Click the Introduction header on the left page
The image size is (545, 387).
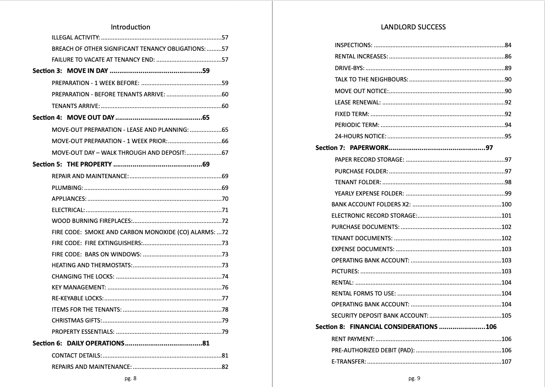pyautogui.click(x=130, y=27)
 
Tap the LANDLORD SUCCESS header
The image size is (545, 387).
pyautogui.click(x=413, y=27)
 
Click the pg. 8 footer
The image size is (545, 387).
pyautogui.click(x=130, y=378)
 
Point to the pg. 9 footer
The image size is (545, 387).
pyautogui.click(x=414, y=378)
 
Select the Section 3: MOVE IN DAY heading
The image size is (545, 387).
pyautogui.click(x=70, y=71)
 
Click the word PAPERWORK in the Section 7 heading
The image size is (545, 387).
pyautogui.click(x=369, y=148)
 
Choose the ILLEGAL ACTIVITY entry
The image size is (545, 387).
pyautogui.click(x=75, y=37)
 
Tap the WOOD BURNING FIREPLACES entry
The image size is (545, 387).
pyautogui.click(x=92, y=221)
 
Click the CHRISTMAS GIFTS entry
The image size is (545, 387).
pyautogui.click(x=77, y=320)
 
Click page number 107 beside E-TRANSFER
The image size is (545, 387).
pyautogui.click(x=506, y=362)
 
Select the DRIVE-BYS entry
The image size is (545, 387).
pyautogui.click(x=349, y=68)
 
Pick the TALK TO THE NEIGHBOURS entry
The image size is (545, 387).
pyautogui.click(x=371, y=79)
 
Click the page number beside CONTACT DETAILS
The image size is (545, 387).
pyautogui.click(x=225, y=356)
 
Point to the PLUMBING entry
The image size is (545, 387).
pyautogui.click(x=67, y=188)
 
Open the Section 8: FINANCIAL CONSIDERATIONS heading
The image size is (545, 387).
pyautogui.click(x=393, y=327)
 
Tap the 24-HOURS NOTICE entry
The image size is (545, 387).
pyautogui.click(x=360, y=136)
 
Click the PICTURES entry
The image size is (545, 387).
pyautogui.click(x=345, y=271)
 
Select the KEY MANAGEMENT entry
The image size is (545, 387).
pyautogui.click(x=79, y=287)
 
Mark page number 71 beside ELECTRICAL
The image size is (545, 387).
pyautogui.click(x=225, y=210)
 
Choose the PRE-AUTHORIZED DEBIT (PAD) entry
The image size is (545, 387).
pyautogui.click(x=373, y=350)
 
